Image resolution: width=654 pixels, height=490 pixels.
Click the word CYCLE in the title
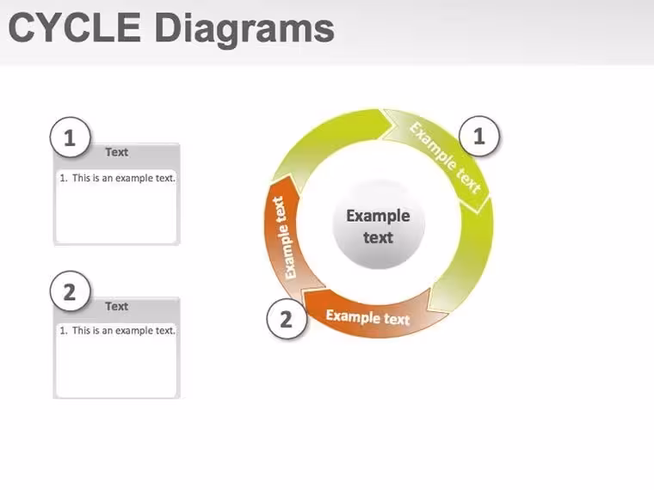pos(74,28)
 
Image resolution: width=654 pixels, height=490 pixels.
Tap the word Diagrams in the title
pos(244,30)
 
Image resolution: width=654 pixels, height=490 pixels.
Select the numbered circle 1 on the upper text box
pos(70,137)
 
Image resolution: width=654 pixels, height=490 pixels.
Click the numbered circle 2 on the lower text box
pos(70,291)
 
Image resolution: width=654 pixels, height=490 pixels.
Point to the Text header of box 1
pos(117,152)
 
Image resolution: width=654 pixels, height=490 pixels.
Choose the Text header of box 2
pos(117,306)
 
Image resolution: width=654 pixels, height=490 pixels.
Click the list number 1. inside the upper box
pos(64,178)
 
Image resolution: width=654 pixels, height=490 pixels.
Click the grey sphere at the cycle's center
pos(379,224)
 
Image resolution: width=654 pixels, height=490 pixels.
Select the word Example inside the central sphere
pos(378,217)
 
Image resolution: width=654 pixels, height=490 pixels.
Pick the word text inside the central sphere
pos(378,237)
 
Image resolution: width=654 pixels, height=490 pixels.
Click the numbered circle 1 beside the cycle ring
pos(479,136)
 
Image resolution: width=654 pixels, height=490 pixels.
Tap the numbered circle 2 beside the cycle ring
pos(287,319)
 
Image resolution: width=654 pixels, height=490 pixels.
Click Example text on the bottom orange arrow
pos(368,317)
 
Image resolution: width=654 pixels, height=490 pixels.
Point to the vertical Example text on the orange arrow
pos(286,237)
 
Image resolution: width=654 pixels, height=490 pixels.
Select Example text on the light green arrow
pos(445,157)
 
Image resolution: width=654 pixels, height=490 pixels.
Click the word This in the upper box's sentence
pos(81,178)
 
